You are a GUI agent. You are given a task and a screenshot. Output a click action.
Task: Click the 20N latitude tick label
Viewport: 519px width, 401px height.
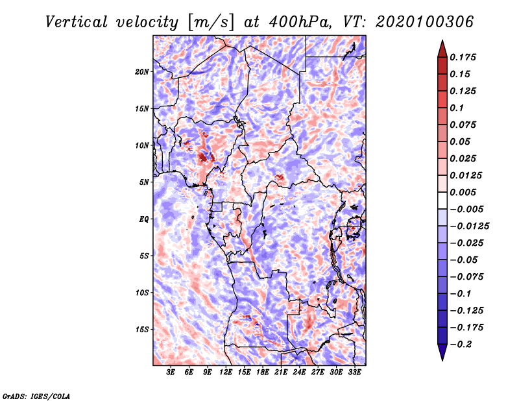[141, 72]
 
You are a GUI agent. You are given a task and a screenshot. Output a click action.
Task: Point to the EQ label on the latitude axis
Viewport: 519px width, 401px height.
[144, 219]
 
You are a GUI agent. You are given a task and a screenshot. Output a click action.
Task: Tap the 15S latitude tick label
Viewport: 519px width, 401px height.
[141, 330]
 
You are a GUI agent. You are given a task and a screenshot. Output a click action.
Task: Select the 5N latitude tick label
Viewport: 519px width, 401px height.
[144, 182]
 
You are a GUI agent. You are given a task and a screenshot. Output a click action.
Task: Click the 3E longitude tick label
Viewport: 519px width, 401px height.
[171, 372]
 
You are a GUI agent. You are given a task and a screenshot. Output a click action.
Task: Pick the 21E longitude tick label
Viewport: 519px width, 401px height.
[281, 372]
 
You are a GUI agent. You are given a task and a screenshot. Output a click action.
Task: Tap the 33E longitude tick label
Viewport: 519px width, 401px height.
[354, 372]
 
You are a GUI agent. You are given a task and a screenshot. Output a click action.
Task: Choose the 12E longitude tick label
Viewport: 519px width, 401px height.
[226, 372]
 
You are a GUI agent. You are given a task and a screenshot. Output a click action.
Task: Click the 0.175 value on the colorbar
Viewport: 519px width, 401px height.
[463, 57]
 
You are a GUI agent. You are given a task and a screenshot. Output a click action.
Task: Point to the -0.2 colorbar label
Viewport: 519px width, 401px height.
[461, 345]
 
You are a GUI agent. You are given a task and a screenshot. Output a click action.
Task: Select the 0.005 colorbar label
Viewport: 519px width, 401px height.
[463, 192]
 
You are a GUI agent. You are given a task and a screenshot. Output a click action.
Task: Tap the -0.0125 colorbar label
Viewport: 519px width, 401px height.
[469, 226]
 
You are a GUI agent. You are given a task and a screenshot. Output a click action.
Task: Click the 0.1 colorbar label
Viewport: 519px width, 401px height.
[457, 108]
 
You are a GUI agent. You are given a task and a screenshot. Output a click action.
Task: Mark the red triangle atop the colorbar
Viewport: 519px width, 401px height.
[442, 49]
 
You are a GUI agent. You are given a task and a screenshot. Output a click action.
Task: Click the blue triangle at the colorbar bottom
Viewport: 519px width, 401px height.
[442, 352]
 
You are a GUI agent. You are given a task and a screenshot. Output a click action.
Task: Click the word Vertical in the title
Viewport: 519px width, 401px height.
[77, 22]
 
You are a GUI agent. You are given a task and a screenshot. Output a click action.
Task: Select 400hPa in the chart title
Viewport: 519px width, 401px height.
[300, 22]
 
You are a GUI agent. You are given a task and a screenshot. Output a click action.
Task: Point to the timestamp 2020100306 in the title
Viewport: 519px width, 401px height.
[425, 22]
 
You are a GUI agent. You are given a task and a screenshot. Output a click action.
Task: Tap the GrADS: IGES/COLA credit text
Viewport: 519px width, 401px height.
[36, 396]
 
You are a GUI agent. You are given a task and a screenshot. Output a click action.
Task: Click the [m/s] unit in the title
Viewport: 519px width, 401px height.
[210, 23]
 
